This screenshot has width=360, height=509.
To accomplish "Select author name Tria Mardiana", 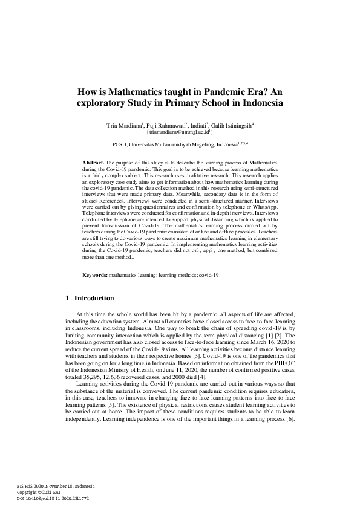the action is (x=124, y=125).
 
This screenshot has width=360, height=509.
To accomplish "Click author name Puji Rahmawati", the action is (x=169, y=125).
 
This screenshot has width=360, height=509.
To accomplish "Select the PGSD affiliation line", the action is (x=180, y=145).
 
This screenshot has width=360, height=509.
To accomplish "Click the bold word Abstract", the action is (x=93, y=163).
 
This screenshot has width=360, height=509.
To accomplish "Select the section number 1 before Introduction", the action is (x=66, y=298).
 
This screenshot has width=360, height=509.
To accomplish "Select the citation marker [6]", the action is (x=290, y=419).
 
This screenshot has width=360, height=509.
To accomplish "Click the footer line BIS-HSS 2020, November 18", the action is (x=51, y=487).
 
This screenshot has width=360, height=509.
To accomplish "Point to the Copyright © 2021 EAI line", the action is (x=38, y=493).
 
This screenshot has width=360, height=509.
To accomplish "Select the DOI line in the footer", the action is (x=52, y=499).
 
